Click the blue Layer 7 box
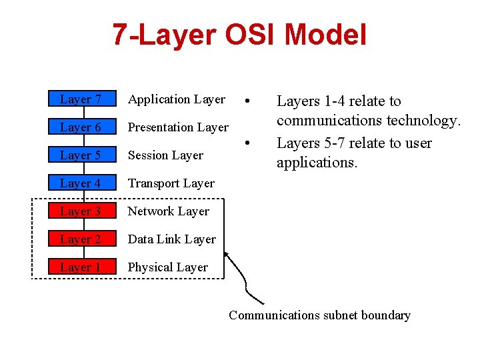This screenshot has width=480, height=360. pos(81,99)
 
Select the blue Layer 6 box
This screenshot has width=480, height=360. pos(81,127)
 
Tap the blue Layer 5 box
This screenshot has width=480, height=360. pos(81,155)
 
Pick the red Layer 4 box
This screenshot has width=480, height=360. pos(81,183)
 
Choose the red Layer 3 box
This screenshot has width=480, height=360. pos(81,211)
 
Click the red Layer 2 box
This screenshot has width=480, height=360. pos(81,239)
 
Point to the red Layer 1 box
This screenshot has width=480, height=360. pos(81,267)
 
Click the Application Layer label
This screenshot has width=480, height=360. pos(177,99)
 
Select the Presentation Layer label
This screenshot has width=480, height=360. pos(178,127)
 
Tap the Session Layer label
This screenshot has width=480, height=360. pos(165,155)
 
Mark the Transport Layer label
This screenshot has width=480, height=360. pos(171,183)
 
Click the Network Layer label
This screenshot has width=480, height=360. pos(169,211)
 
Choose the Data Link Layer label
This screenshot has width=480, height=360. pos(172,239)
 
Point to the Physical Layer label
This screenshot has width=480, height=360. pos(168,267)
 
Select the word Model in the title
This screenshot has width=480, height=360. pos(330,35)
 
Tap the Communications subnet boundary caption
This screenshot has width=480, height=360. pos(319,315)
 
